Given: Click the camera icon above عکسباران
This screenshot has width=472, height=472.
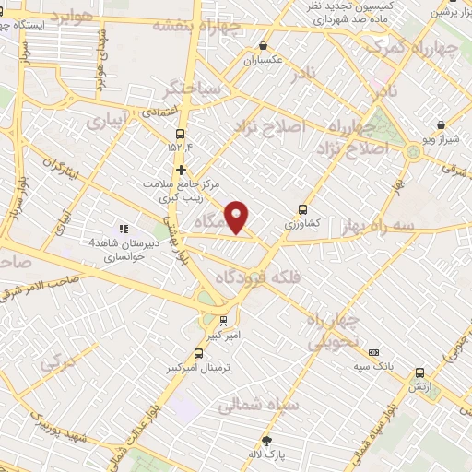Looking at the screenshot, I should pos(263,45).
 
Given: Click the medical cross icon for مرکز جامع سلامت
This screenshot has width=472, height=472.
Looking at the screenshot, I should pos(182,170).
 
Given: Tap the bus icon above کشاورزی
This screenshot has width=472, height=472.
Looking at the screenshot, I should pos(303,208).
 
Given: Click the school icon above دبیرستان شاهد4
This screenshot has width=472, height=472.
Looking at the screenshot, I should pos(122,229).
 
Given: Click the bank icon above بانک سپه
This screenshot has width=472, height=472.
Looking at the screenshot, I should pos(373,352).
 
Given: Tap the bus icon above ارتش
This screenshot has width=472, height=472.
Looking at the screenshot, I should pos(420,373).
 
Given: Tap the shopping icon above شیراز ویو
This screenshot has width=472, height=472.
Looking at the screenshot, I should pos(441,124).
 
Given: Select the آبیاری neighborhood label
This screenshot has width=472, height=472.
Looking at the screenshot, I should pos(109,121).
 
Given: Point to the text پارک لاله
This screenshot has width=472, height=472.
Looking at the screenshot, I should pos(269,455).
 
